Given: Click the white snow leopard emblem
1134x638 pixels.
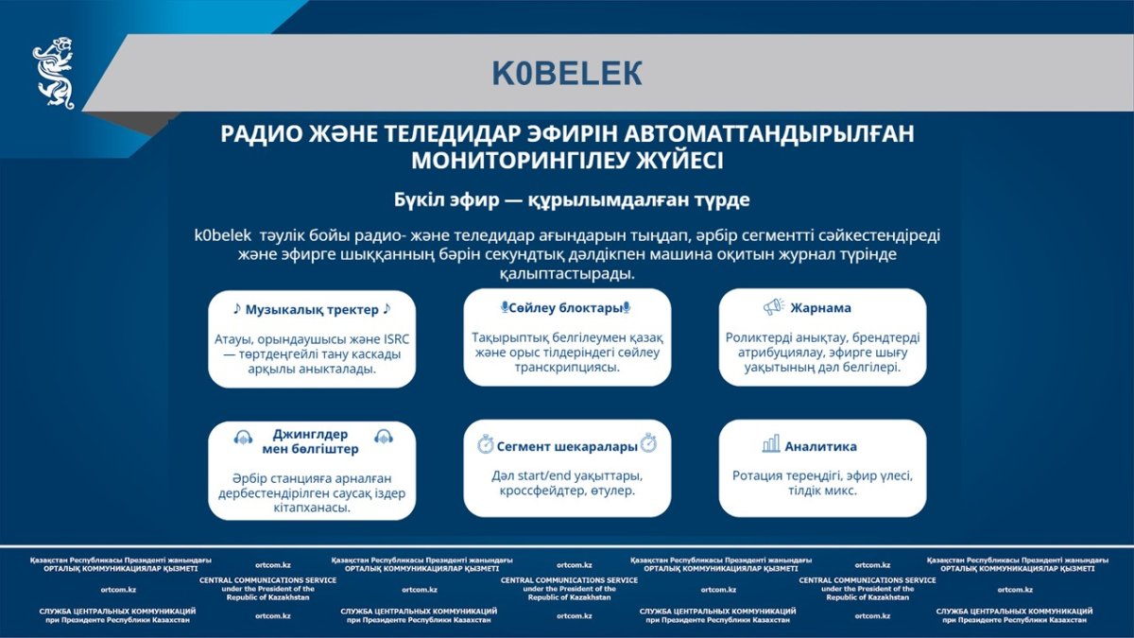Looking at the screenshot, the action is coord(54,73).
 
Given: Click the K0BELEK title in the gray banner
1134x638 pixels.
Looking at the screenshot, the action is coord(567,74).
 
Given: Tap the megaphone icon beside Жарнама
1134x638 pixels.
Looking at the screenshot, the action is coord(774,307).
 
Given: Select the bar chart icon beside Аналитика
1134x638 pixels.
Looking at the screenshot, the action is coord(771,444).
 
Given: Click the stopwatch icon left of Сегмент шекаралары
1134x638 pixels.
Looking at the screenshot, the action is coord(485,444).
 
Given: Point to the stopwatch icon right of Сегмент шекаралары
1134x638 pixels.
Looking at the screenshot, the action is coord(648,443).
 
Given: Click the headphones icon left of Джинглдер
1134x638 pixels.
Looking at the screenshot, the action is coord(243,437).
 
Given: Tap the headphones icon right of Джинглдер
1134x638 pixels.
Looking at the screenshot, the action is coord(384,436).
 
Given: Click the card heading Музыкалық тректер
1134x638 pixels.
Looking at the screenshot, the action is coord(312,309).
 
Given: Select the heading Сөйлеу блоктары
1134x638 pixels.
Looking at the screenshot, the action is coord(565,308).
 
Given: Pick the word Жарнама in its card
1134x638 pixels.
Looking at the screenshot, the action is coord(820,308).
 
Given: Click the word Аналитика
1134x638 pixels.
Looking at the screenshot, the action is coord(820,446).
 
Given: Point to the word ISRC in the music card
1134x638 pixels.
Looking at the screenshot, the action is coord(396,339).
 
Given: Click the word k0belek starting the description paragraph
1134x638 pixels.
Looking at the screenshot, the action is coord(223,235).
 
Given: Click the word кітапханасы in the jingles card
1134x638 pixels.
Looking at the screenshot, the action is coord(312,508).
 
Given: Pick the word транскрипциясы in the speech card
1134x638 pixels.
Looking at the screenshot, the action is coord(567,367).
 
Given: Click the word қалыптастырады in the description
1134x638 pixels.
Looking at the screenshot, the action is coord(567,274).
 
